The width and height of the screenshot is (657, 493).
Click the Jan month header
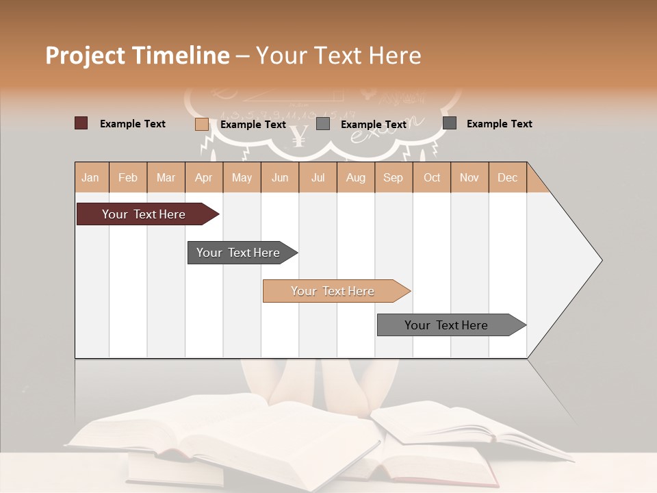point(90,177)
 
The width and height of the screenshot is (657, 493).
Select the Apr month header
point(204,177)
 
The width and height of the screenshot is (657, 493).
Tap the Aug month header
point(355,177)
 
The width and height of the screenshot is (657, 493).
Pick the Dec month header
point(507,177)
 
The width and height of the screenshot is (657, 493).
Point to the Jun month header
point(280,177)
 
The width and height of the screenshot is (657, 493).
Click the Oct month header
point(431,177)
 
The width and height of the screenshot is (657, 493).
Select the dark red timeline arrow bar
point(144,214)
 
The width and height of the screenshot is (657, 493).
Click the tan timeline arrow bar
point(333,291)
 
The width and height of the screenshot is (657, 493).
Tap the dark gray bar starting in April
point(239,253)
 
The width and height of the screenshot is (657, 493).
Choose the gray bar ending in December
point(447,325)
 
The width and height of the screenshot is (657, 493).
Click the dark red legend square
point(81,123)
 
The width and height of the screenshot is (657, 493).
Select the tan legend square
point(202,124)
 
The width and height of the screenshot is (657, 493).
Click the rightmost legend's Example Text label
point(499,124)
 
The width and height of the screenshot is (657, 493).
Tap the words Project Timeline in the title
point(137,55)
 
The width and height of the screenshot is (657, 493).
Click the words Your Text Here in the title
point(339,55)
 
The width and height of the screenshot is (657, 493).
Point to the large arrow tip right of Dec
point(575,260)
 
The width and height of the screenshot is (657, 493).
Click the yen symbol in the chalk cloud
point(298,136)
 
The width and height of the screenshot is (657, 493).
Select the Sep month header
point(393,177)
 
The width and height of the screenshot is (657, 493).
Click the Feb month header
point(128,177)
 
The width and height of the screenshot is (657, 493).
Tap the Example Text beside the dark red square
point(133,124)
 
